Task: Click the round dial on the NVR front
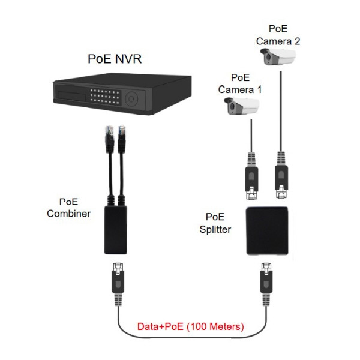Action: coord(131,97)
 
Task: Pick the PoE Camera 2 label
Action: coord(277,35)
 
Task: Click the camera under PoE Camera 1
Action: coord(243,107)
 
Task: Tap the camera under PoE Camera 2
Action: coord(279,58)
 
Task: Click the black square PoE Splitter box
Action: coord(268,230)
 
